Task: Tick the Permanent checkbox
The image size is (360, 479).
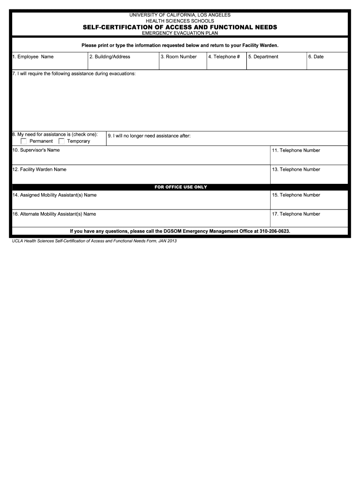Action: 24,141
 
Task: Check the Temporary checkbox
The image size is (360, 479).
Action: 61,141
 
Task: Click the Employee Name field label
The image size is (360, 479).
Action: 33,57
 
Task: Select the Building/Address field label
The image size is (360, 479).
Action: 109,57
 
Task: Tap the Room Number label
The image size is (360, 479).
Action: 179,57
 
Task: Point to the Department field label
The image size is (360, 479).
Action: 263,57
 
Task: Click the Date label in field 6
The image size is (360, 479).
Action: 316,57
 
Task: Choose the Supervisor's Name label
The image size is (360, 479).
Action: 36,150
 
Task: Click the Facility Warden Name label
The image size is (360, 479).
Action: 39,169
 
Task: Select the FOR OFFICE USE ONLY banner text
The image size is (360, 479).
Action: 180,187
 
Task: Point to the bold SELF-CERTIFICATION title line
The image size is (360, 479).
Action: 180,28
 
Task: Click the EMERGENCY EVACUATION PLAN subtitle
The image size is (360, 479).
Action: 180,33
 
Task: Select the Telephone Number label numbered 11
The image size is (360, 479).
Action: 296,150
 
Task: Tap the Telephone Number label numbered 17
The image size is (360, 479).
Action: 296,214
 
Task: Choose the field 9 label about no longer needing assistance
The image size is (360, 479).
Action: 149,136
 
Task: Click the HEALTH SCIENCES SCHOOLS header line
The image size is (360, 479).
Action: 180,21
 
